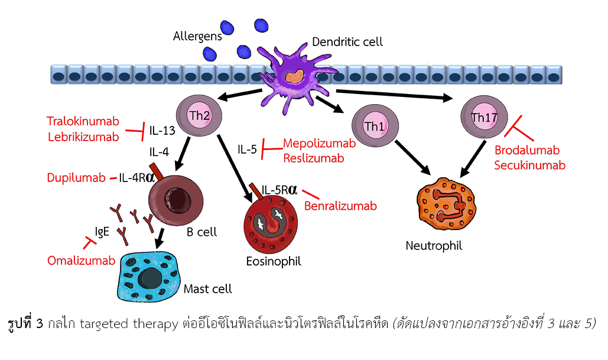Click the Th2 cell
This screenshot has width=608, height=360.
click(199, 116)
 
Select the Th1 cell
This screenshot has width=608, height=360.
click(375, 126)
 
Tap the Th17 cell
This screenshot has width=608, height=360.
click(484, 117)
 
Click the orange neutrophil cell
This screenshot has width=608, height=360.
click(446, 205)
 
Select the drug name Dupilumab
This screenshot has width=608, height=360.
click(76, 178)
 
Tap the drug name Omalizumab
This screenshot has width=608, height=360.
click(81, 260)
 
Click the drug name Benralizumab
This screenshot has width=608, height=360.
click(340, 206)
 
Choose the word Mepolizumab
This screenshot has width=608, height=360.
click(319, 143)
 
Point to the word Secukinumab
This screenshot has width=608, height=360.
click(529, 166)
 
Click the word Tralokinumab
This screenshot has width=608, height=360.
click(83, 121)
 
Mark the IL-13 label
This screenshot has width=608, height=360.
click(162, 131)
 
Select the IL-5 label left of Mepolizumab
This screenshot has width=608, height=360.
click(247, 149)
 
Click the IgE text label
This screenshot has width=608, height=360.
click(102, 232)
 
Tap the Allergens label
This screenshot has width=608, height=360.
click(197, 36)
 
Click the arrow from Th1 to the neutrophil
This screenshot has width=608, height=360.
click(413, 158)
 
